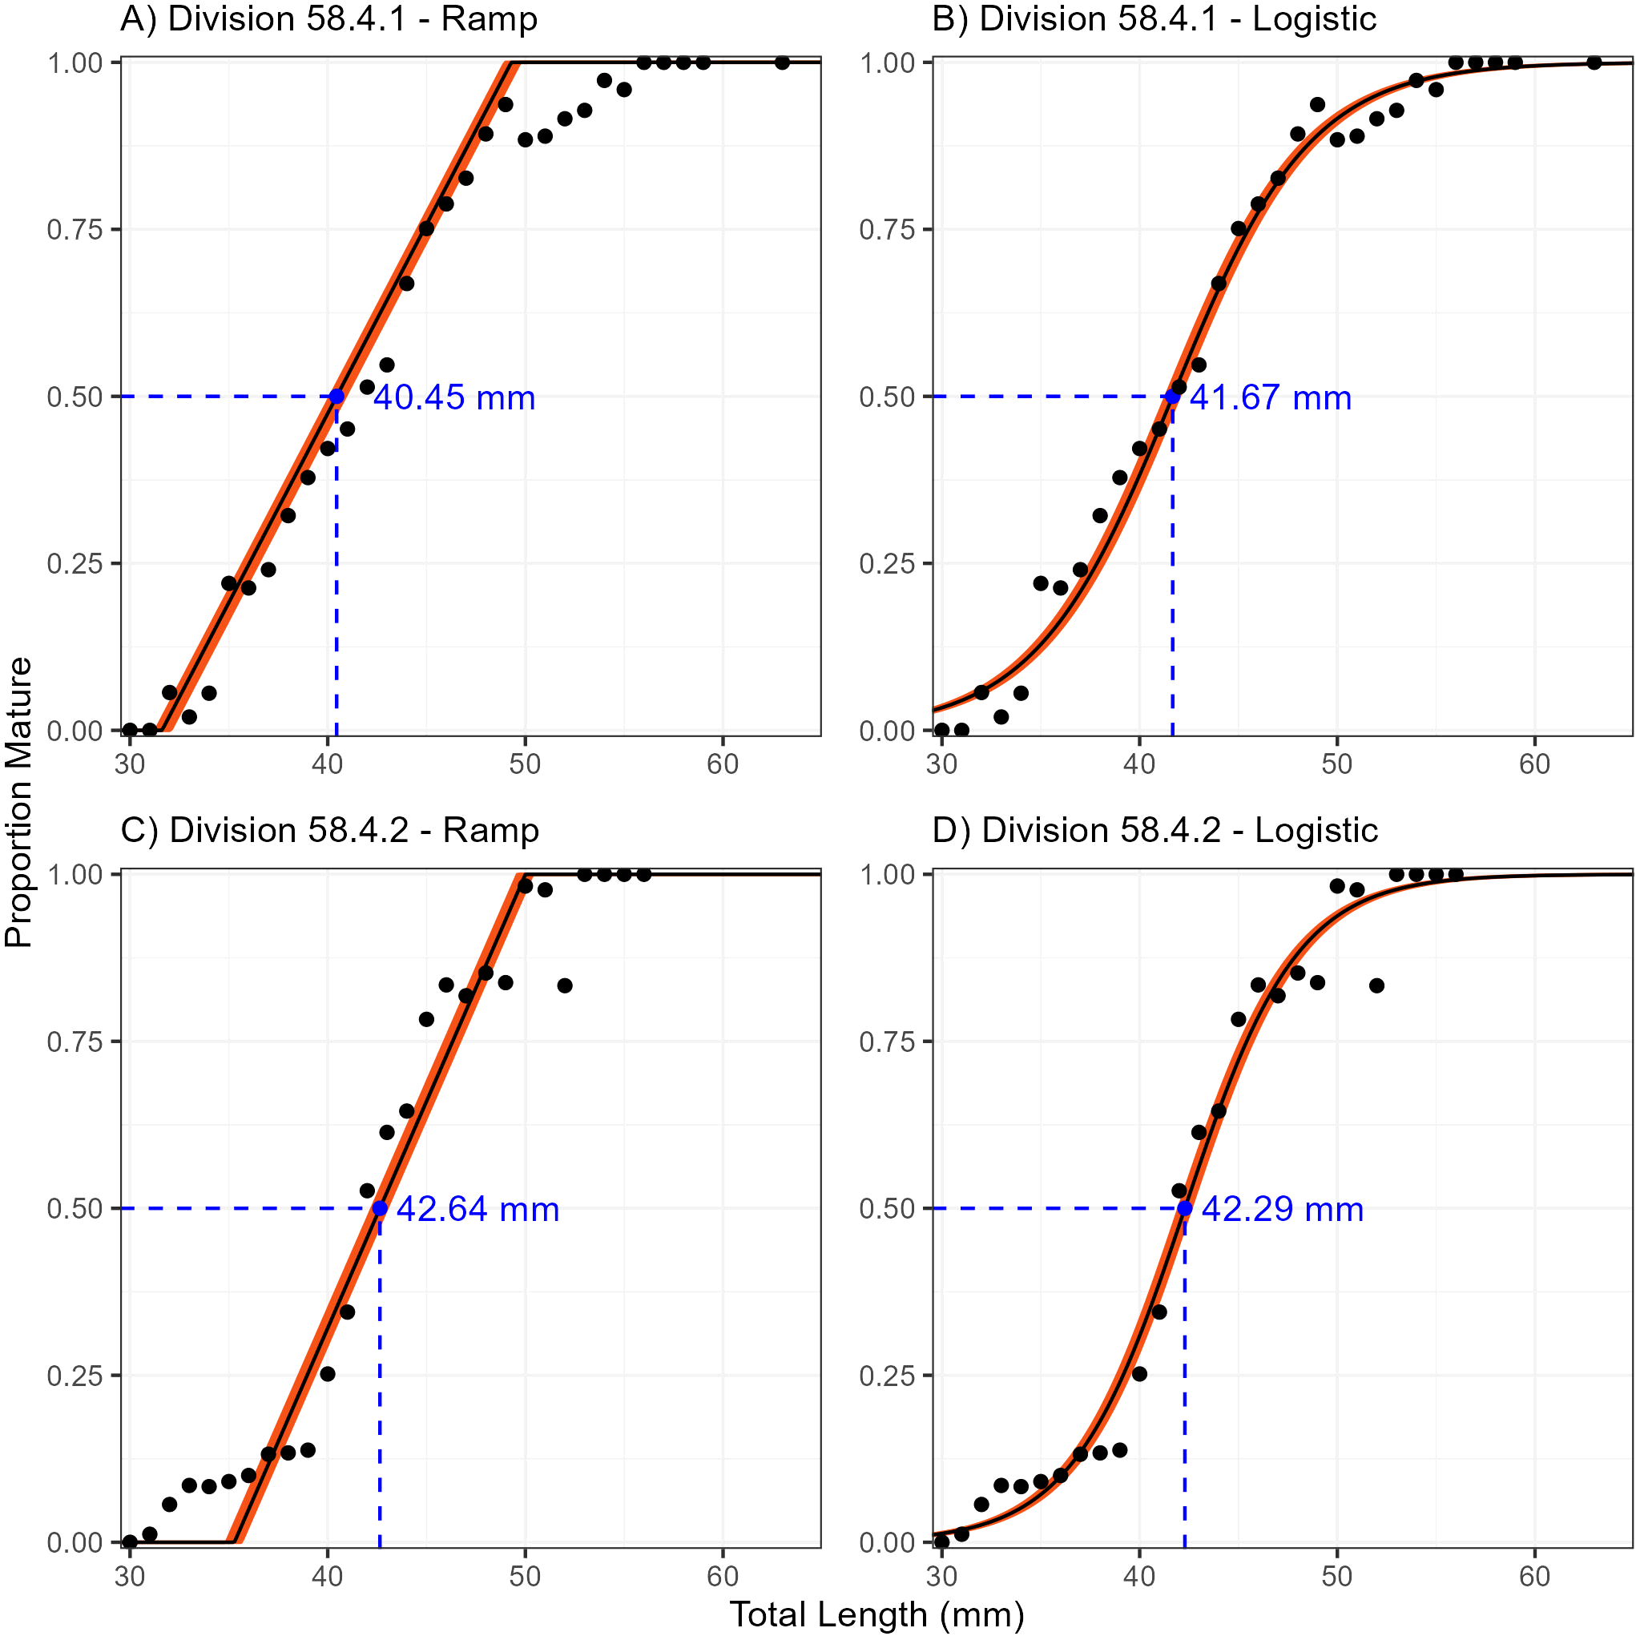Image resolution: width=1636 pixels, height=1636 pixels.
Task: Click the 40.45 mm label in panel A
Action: (x=455, y=398)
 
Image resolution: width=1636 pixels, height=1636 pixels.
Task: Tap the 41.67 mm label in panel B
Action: (x=1270, y=398)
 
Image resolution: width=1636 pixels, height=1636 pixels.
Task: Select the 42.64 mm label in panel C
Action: (x=478, y=1209)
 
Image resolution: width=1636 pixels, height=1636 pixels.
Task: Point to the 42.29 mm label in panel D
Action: (x=1282, y=1209)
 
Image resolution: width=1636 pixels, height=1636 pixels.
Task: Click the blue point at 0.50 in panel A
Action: (x=337, y=397)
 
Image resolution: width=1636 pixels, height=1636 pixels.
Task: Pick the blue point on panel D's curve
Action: (x=1185, y=1208)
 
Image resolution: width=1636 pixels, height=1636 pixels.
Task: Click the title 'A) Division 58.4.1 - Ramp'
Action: (x=328, y=18)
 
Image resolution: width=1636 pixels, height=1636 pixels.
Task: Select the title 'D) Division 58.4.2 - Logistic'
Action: (x=1155, y=830)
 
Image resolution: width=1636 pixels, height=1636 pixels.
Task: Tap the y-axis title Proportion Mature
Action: (x=18, y=801)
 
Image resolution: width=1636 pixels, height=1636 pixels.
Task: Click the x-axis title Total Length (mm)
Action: (x=876, y=1614)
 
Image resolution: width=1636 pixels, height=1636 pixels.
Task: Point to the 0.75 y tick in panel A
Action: (x=75, y=229)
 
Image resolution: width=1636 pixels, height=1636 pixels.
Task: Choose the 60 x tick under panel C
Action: (x=723, y=1576)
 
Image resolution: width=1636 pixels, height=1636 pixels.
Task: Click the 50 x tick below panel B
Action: (x=1337, y=764)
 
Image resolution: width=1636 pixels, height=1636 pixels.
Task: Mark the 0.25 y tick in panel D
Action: (x=887, y=1375)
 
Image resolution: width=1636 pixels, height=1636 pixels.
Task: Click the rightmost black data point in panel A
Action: (x=783, y=62)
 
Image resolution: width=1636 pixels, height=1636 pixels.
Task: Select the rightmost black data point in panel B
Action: (x=1594, y=62)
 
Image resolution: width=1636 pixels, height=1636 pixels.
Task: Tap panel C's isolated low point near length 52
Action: (x=565, y=985)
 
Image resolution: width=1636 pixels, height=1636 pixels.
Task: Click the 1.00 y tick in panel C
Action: (x=75, y=874)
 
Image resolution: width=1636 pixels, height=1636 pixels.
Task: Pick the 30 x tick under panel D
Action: (x=941, y=1576)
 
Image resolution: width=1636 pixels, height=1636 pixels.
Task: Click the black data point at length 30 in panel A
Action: (x=130, y=730)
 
